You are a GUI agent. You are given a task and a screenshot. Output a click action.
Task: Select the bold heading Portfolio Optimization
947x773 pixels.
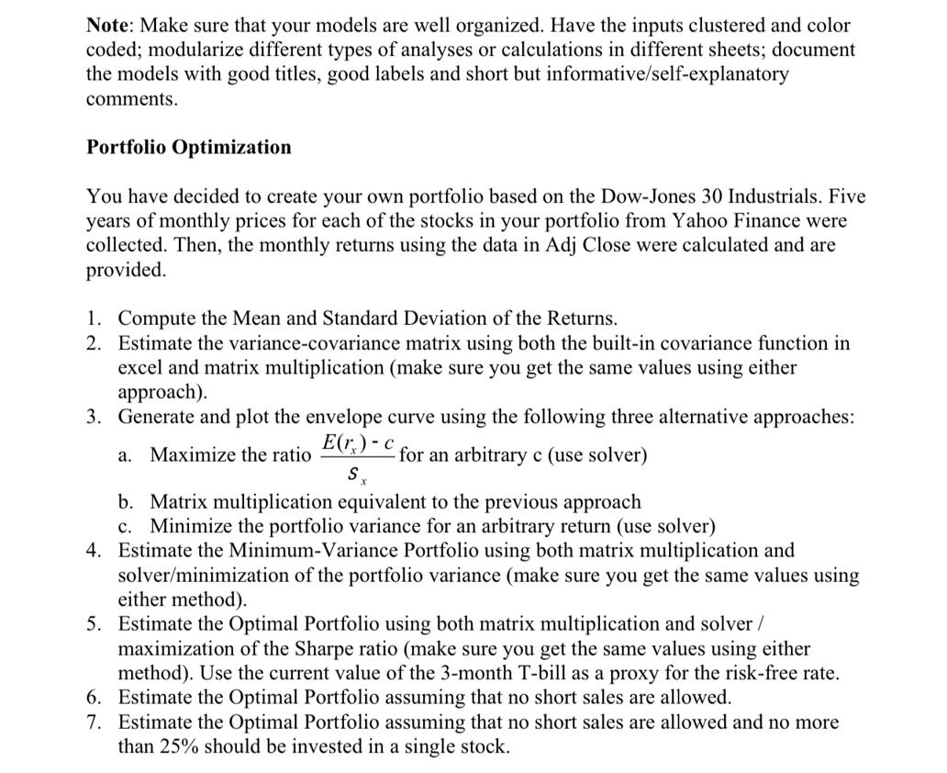coord(188,147)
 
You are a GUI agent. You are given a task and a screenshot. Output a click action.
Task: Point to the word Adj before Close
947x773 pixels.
coord(544,245)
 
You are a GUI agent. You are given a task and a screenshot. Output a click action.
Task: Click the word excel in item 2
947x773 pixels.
coord(142,367)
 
